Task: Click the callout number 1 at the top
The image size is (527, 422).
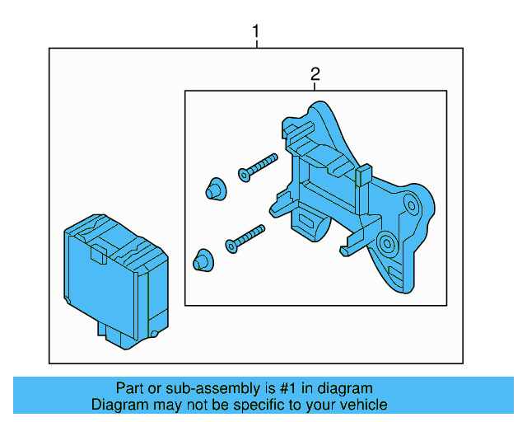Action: coord(256,32)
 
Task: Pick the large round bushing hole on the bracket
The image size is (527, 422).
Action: coord(385,243)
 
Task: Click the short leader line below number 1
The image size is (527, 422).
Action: coord(256,45)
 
